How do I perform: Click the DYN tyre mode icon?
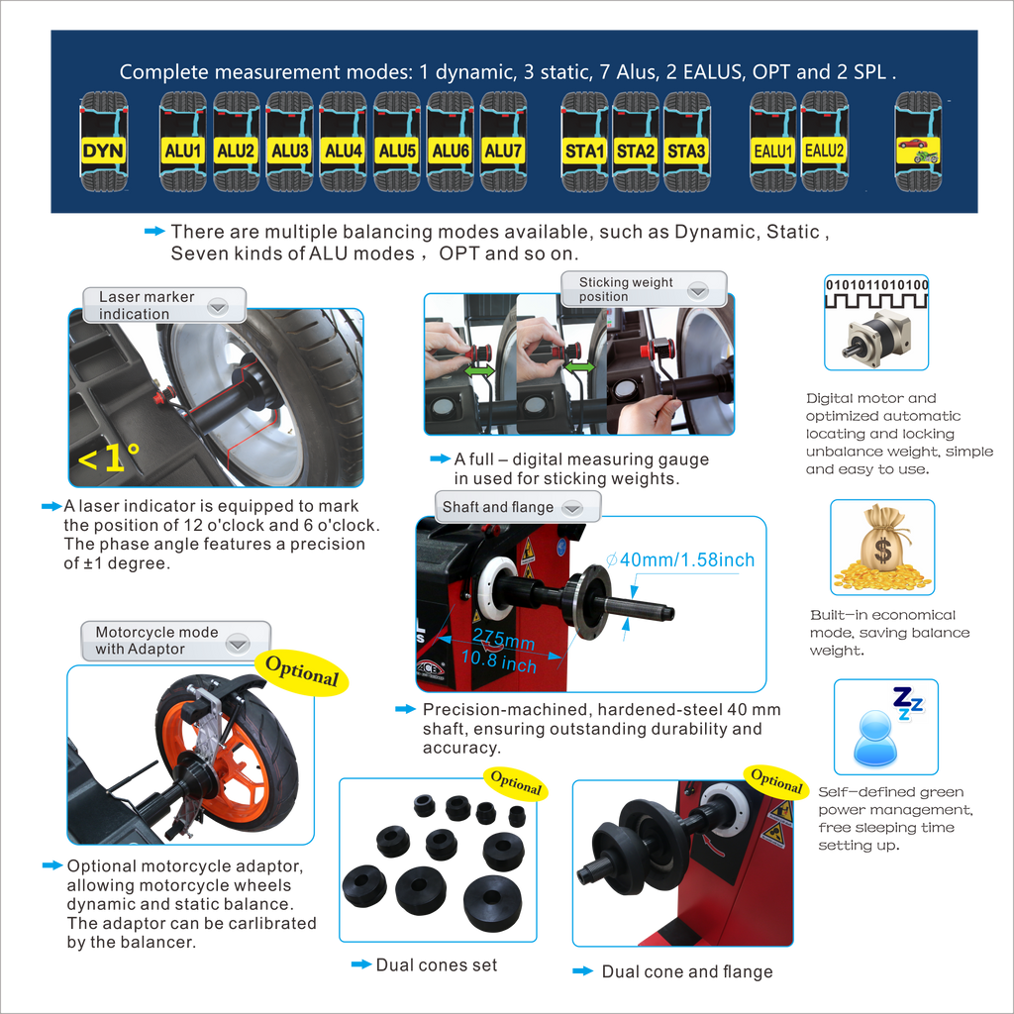click(x=103, y=142)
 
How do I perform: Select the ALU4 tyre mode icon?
click(x=343, y=142)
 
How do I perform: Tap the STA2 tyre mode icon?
click(x=635, y=142)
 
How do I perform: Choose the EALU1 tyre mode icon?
click(x=772, y=142)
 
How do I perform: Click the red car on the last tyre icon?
click(x=912, y=143)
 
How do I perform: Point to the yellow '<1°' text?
click(x=108, y=457)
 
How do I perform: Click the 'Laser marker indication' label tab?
click(x=164, y=305)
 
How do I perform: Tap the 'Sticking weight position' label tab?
click(x=644, y=289)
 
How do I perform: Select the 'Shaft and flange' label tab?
click(x=517, y=507)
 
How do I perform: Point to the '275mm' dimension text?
click(x=504, y=640)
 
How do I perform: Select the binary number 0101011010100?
click(x=877, y=285)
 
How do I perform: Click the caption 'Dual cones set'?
click(x=437, y=964)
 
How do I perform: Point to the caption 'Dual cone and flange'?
click(x=687, y=971)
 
